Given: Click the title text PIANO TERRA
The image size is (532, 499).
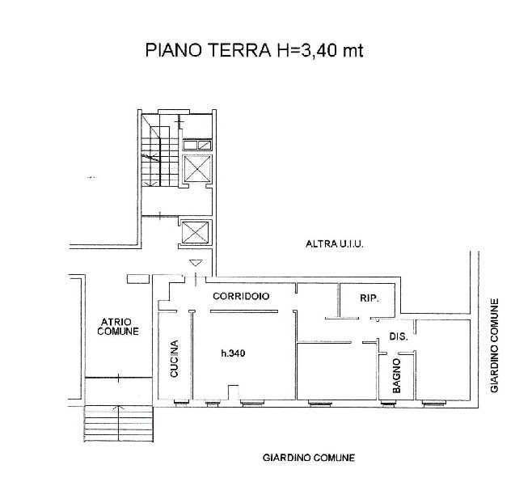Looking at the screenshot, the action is pyautogui.click(x=208, y=50).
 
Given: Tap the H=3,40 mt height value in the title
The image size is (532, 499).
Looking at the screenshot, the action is pyautogui.click(x=320, y=51).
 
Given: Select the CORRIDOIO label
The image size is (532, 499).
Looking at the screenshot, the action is pyautogui.click(x=241, y=296).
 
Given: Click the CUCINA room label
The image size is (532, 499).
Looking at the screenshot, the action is pyautogui.click(x=174, y=358).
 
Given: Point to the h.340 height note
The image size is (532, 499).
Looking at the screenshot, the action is pyautogui.click(x=233, y=353).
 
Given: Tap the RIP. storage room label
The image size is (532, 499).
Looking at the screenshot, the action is pyautogui.click(x=369, y=298).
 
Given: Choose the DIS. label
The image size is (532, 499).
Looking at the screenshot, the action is pyautogui.click(x=399, y=336).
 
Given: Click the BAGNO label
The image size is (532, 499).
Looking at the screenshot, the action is pyautogui.click(x=396, y=376).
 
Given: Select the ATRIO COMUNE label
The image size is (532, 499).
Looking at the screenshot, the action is pyautogui.click(x=118, y=327).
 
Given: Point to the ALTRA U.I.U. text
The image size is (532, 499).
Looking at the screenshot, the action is pyautogui.click(x=335, y=243).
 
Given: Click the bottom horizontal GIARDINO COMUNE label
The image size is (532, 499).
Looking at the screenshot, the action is pyautogui.click(x=309, y=458).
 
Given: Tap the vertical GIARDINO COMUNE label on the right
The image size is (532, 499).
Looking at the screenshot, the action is pyautogui.click(x=494, y=345).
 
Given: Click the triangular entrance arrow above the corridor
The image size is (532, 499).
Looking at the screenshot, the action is pyautogui.click(x=196, y=263).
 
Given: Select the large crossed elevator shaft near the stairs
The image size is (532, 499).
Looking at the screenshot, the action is pyautogui.click(x=196, y=168).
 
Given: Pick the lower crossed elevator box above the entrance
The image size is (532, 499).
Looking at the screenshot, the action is pyautogui.click(x=195, y=232).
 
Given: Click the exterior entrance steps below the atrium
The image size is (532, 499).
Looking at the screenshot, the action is pyautogui.click(x=118, y=424).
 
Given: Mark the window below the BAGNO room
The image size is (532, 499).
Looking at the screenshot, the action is pyautogui.click(x=389, y=404).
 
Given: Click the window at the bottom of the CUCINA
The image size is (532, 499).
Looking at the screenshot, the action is pyautogui.click(x=182, y=403).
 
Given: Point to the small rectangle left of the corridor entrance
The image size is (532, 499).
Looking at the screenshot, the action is pyautogui.click(x=138, y=279).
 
